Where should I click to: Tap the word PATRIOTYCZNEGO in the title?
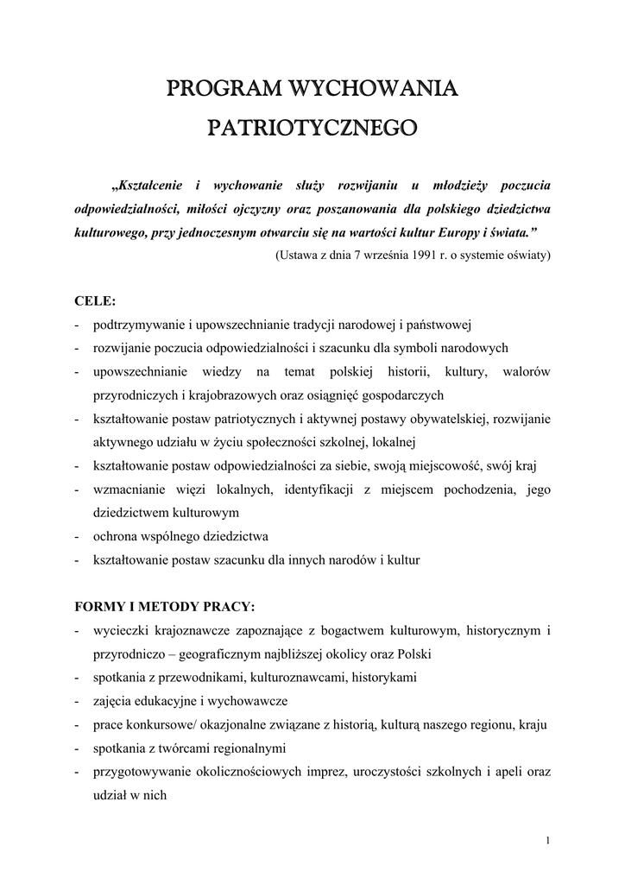click(x=312, y=129)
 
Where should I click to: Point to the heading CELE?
click(x=95, y=301)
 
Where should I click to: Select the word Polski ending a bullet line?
click(x=414, y=654)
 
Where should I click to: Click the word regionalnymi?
click(x=246, y=748)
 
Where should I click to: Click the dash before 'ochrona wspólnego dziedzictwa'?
click(x=79, y=536)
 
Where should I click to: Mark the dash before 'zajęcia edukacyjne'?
click(x=79, y=701)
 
